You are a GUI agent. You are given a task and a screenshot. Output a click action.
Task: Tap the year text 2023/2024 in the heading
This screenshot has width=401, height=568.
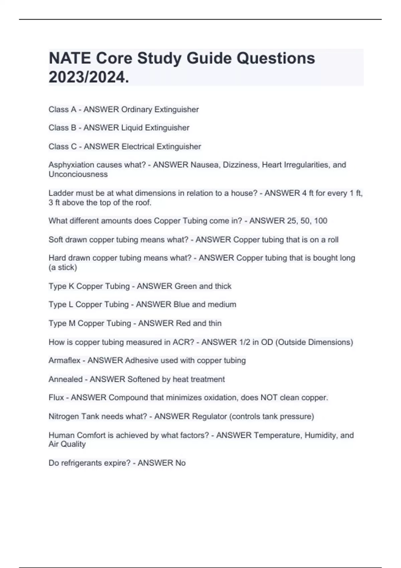point(88,78)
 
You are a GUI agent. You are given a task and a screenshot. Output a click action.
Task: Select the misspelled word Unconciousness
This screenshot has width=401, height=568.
point(78,174)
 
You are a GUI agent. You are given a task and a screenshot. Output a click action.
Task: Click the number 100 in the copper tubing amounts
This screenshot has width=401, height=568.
point(320,221)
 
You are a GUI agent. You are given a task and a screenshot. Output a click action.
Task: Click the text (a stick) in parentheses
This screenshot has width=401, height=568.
point(63,267)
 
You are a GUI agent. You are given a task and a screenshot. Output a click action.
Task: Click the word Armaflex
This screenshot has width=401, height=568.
point(64,361)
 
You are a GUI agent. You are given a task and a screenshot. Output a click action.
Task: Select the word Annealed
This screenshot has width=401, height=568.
point(65,379)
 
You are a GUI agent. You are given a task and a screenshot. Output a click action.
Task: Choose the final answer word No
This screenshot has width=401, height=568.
point(180,463)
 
